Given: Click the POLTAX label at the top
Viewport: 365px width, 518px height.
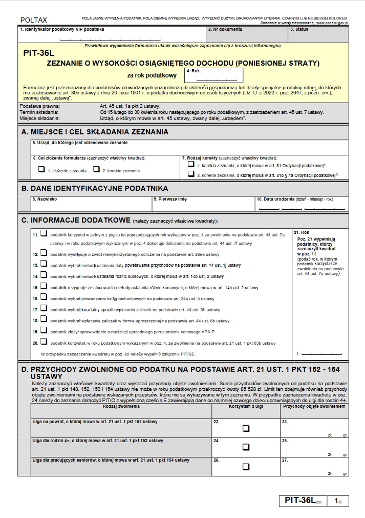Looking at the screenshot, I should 33,20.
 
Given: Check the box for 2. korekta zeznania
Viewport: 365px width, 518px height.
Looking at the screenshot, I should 96,169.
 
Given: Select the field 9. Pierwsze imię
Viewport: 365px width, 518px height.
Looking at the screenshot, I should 203,205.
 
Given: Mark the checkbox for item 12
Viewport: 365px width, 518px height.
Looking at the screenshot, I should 43,253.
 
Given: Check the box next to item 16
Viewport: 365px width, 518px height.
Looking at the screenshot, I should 43,297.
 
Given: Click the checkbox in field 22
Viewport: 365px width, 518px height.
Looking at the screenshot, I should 246,428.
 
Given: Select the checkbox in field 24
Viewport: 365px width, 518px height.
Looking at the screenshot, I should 246,447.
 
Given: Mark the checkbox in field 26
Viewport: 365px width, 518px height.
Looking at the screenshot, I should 246,467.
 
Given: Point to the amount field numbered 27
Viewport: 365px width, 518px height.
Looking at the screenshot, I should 314,466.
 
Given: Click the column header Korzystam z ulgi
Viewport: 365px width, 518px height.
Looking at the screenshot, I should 246,406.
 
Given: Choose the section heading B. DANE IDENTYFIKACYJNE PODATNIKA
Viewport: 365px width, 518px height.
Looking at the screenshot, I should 95,188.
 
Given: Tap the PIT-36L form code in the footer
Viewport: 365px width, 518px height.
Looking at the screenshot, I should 298,501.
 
